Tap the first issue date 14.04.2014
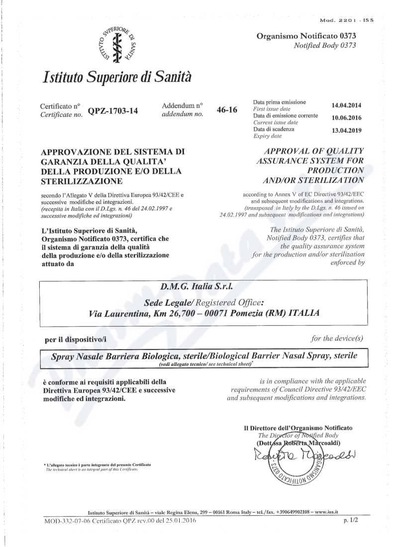(x=346, y=105)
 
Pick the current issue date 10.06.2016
(x=346, y=118)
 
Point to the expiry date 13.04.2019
(x=346, y=131)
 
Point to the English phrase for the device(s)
(x=337, y=339)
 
